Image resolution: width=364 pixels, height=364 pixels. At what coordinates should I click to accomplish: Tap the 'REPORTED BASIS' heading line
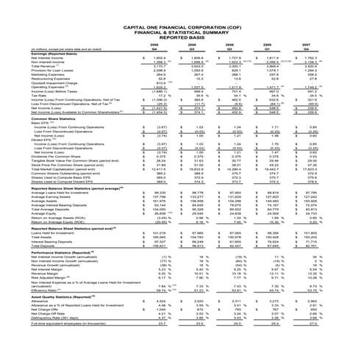pos(182,18)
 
